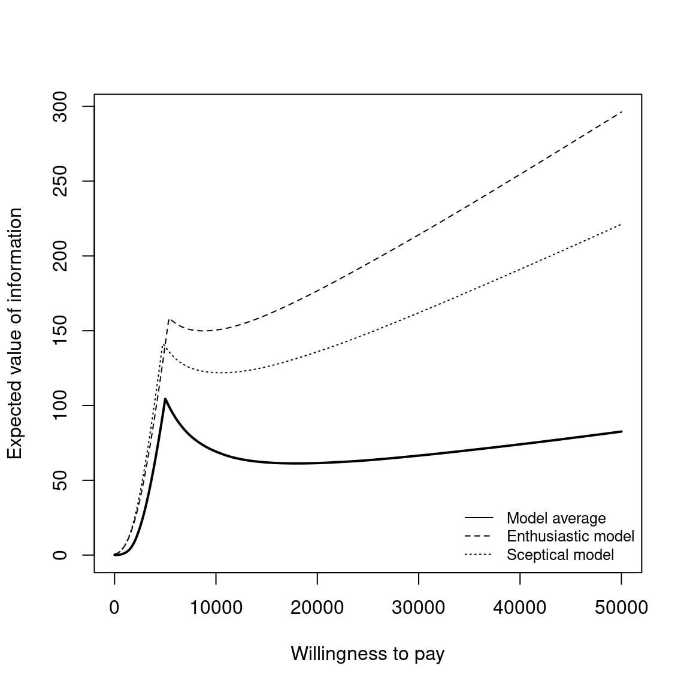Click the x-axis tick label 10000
click(216, 608)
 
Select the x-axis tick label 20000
click(317, 608)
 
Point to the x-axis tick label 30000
click(418, 608)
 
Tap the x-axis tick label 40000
click(519, 608)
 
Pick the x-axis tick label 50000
click(621, 608)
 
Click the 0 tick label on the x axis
click(114, 608)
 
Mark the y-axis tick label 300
click(60, 107)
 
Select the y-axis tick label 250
click(60, 181)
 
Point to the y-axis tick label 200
click(60, 256)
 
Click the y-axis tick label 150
click(60, 331)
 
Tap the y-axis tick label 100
click(60, 405)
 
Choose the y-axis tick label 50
click(60, 480)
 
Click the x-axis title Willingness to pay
click(368, 653)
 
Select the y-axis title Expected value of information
click(15, 334)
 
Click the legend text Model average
click(556, 518)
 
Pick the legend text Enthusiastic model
click(570, 536)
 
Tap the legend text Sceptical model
click(560, 555)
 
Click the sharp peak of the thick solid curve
click(165, 398)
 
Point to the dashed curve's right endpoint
click(621, 112)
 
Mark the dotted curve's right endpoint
click(621, 224)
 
